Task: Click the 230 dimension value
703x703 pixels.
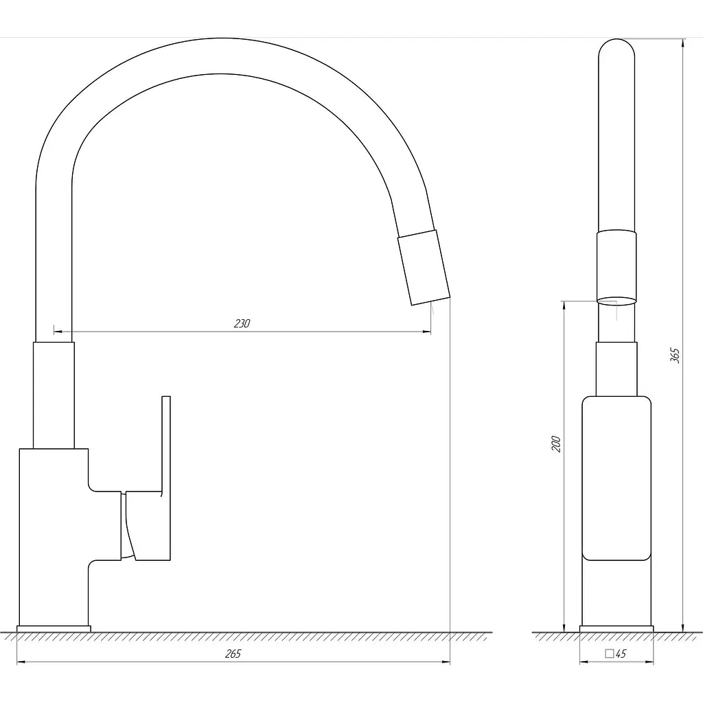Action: (x=242, y=323)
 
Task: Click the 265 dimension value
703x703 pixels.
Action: (x=233, y=654)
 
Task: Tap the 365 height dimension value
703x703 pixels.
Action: (x=675, y=355)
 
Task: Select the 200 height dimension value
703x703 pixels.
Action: (x=556, y=443)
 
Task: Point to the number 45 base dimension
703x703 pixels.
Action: (x=621, y=654)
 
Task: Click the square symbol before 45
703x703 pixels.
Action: (x=610, y=654)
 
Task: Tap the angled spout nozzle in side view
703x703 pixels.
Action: (x=424, y=268)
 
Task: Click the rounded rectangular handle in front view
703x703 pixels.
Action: (x=616, y=479)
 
